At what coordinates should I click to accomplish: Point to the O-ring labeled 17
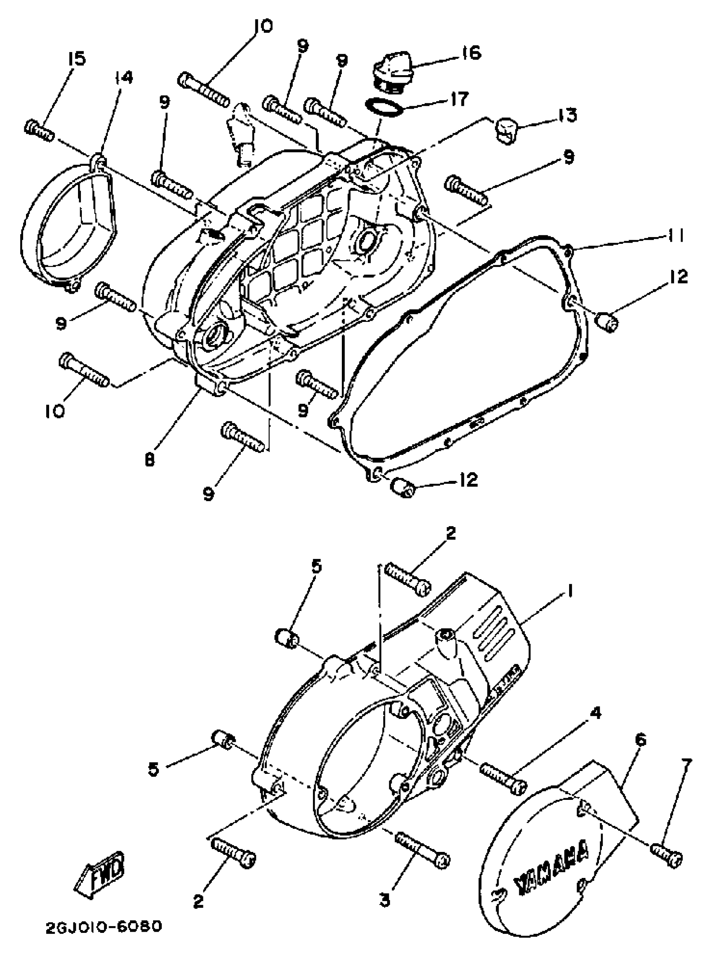click(x=384, y=106)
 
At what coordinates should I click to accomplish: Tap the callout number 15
click(x=77, y=59)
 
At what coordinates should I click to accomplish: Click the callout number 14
click(x=123, y=78)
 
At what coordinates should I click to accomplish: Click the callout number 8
click(x=149, y=460)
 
